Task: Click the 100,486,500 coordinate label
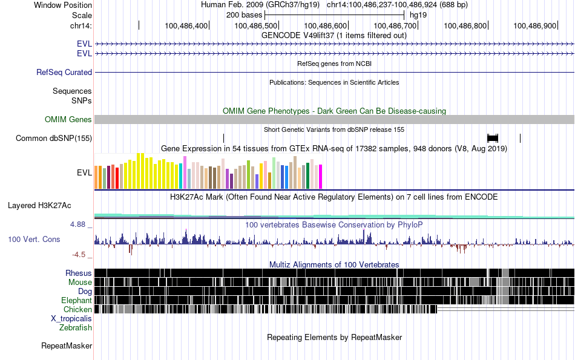(256, 25)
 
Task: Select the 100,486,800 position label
(465, 25)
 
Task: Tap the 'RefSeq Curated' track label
(64, 72)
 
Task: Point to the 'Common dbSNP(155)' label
(54, 139)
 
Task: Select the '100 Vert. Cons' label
(34, 240)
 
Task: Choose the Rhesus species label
(79, 273)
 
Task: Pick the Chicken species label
(77, 309)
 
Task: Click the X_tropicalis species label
(71, 318)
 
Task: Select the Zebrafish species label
(76, 327)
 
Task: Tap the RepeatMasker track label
(67, 346)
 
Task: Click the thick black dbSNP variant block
(493, 138)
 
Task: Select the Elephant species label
(76, 300)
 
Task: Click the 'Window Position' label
(63, 5)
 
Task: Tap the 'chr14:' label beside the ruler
(81, 25)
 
